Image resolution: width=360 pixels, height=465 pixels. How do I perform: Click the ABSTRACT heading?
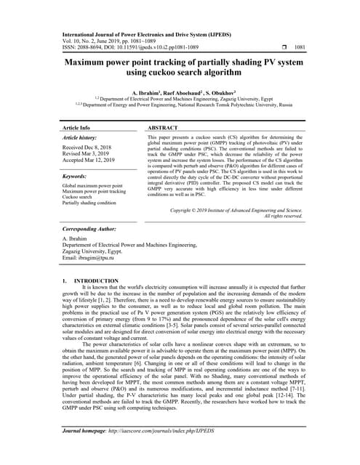(x=164, y=127)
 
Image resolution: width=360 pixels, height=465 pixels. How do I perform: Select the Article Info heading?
(x=76, y=127)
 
